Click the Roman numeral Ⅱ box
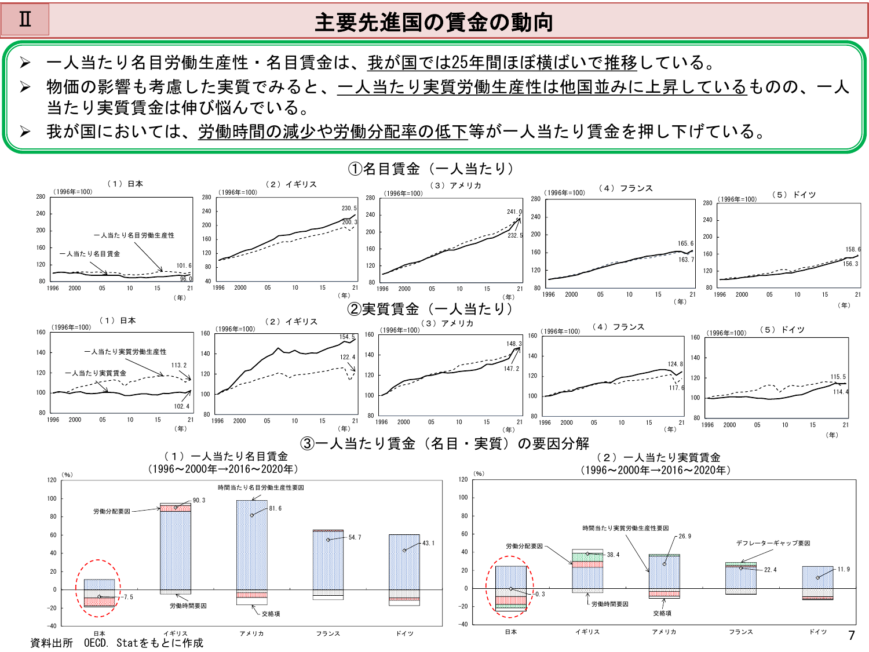[25, 20]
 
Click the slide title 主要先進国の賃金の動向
[434, 23]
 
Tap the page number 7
[851, 636]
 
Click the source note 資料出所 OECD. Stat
[116, 643]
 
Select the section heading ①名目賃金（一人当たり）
[431, 169]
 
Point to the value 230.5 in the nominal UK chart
[349, 208]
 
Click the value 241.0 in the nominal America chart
[514, 212]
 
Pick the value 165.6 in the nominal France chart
[685, 243]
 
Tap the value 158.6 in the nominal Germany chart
[853, 249]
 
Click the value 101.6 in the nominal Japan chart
[184, 265]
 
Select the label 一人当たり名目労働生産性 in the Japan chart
[134, 235]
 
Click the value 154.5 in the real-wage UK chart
[347, 337]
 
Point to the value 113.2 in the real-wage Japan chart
[179, 365]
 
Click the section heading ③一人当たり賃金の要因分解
[444, 444]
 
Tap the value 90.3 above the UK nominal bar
[199, 500]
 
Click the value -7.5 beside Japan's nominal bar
[128, 597]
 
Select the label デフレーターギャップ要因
[773, 543]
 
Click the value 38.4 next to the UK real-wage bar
[613, 555]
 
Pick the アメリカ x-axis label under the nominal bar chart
[252, 633]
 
